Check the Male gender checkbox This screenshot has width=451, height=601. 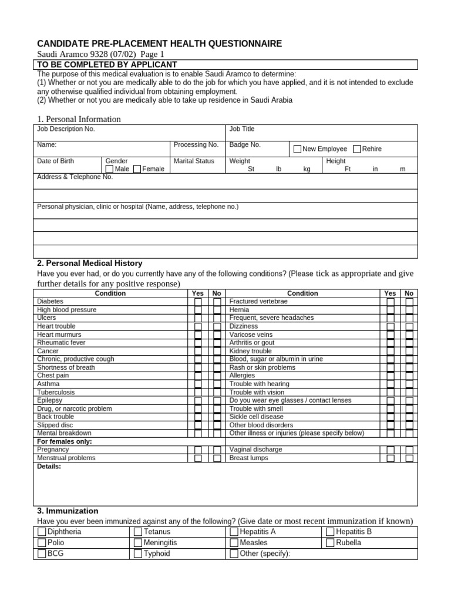109,169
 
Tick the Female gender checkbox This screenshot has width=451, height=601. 137,169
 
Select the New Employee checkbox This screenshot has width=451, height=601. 297,149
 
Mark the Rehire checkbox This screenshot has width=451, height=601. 357,149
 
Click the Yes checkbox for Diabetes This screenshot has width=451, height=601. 198,302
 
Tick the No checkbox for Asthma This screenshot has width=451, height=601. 217,384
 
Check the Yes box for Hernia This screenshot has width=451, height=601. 391,310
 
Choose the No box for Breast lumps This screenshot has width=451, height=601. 409,458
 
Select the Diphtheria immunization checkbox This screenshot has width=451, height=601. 42,532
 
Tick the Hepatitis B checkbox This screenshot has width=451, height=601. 330,532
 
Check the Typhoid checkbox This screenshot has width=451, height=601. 138,553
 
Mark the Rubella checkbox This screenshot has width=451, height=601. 330,543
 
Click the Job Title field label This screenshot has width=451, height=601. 242,129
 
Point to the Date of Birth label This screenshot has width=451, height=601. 55,161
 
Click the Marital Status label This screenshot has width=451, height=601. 194,161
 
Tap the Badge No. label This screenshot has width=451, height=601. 245,144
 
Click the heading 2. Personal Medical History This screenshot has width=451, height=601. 89,264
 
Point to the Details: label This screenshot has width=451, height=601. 49,467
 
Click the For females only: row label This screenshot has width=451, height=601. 65,441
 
